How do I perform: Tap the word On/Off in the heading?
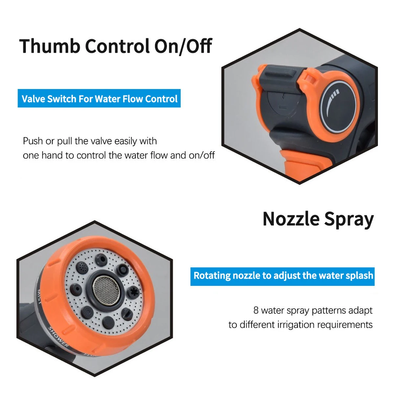pyautogui.click(x=183, y=46)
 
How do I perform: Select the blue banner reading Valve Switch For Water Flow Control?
pyautogui.click(x=99, y=98)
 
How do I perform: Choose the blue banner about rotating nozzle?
pyautogui.click(x=282, y=276)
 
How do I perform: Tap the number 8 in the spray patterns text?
pyautogui.click(x=256, y=310)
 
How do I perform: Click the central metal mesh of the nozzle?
pyautogui.click(x=106, y=290)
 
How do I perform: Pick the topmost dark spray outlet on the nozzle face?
pyautogui.click(x=101, y=260)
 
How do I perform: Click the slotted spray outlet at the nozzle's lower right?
pyautogui.click(x=127, y=314)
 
